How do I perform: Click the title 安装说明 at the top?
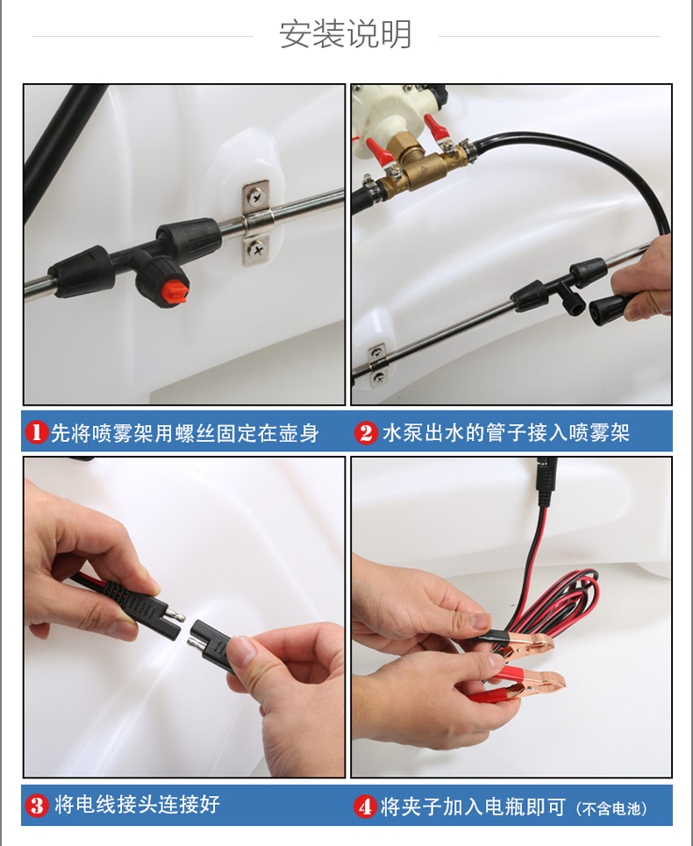pyautogui.click(x=346, y=34)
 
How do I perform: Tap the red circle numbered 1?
pyautogui.click(x=37, y=432)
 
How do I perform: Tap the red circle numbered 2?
pyautogui.click(x=366, y=432)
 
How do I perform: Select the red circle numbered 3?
pyautogui.click(x=37, y=806)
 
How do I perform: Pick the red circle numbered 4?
pyautogui.click(x=366, y=807)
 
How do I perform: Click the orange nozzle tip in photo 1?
pyautogui.click(x=175, y=291)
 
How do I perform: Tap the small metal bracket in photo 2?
pyautogui.click(x=378, y=366)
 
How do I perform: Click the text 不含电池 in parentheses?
pyautogui.click(x=612, y=809)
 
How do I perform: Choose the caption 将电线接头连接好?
pyautogui.click(x=137, y=805)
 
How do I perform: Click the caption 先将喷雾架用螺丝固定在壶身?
pyautogui.click(x=184, y=433)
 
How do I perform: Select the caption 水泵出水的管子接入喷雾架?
pyautogui.click(x=506, y=433)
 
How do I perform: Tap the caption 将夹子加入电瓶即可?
pyautogui.click(x=473, y=807)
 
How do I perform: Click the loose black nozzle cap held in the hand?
pyautogui.click(x=608, y=310)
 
